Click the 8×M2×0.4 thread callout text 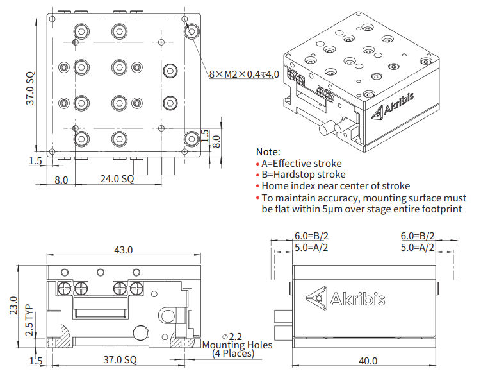coord(244,75)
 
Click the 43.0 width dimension coord(123,249)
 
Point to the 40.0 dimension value coord(367,361)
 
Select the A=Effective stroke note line coord(301,164)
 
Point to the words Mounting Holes coord(237,345)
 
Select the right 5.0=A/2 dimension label coord(418,247)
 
